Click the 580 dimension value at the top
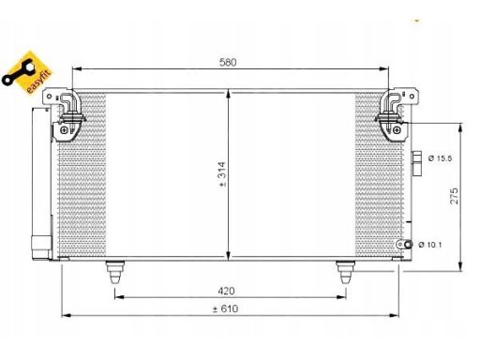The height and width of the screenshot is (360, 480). (x=228, y=62)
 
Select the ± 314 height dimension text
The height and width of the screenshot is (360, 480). (x=222, y=174)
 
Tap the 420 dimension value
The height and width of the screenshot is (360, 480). (x=226, y=291)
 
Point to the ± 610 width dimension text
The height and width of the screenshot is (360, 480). (x=225, y=309)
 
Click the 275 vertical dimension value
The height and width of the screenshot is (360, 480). (x=454, y=196)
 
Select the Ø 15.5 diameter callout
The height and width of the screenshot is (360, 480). (x=440, y=158)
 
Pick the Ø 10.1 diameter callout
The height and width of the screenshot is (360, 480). (x=430, y=245)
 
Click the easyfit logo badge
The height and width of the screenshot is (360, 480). (x=26, y=73)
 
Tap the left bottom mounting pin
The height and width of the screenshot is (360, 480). (x=115, y=272)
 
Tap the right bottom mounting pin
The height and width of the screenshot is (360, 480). (x=345, y=272)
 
